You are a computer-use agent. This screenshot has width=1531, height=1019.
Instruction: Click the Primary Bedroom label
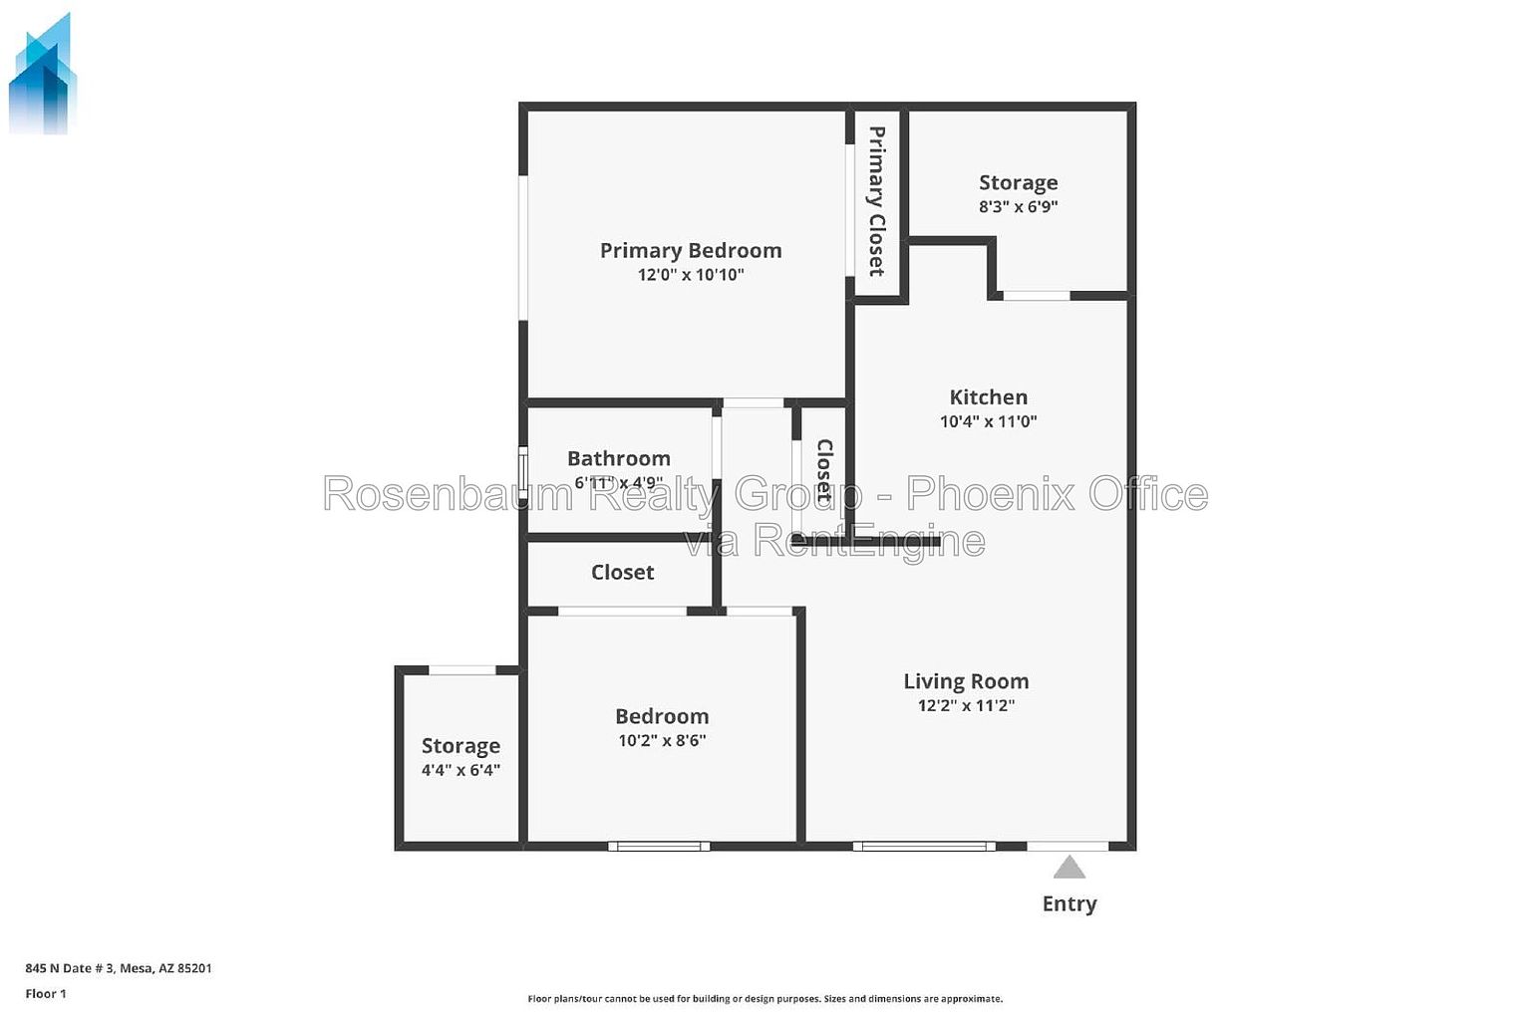coord(691,251)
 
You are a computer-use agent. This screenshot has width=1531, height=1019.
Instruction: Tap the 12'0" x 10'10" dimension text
coord(691,275)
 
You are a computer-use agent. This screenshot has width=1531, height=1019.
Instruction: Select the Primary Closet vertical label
coord(877,201)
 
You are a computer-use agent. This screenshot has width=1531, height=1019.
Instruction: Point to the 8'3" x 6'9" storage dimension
coord(1018,206)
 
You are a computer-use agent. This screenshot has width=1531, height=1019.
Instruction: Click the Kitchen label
coord(989,396)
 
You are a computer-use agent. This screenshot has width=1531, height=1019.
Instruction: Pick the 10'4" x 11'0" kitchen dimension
coord(989,420)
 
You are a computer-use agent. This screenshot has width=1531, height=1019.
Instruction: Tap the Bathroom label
coord(619,458)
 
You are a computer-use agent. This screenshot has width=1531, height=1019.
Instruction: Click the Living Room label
coord(966,681)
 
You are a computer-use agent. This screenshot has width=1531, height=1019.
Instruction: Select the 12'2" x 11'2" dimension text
coord(966,705)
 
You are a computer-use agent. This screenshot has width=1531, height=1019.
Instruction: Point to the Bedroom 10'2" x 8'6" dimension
coord(662,740)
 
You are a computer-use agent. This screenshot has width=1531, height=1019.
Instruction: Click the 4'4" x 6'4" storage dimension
coord(460,770)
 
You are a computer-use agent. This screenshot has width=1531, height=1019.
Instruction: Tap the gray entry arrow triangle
coord(1069,868)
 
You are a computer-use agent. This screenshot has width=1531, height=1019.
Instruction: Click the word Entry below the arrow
coord(1069,903)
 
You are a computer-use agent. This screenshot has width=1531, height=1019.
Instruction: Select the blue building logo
coord(42,74)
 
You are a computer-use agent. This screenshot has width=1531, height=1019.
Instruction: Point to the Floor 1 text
coord(46,994)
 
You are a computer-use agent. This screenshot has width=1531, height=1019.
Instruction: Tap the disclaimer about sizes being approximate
coord(765,998)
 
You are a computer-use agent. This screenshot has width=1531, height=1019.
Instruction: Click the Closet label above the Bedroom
coord(622,573)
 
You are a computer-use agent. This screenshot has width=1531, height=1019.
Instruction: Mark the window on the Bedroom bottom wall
coord(659,847)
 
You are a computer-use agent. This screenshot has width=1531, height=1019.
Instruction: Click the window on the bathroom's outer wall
coord(523,469)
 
